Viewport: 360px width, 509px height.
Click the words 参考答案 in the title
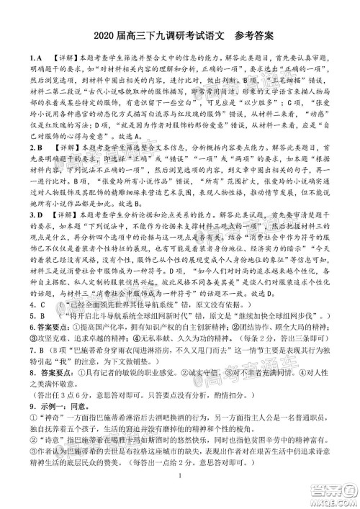click(251, 35)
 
